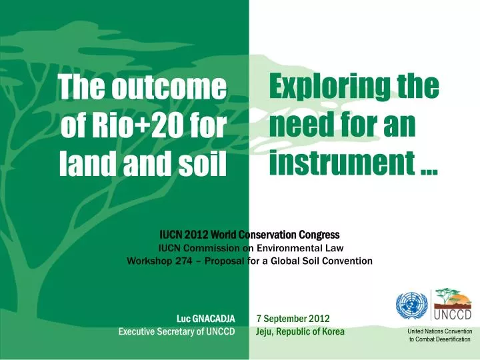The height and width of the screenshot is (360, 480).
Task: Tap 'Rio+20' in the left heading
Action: [129, 126]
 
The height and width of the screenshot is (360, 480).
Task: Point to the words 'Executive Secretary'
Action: [155, 331]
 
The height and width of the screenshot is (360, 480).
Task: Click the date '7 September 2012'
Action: [293, 319]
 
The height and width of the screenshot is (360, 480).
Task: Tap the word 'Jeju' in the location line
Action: [265, 331]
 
